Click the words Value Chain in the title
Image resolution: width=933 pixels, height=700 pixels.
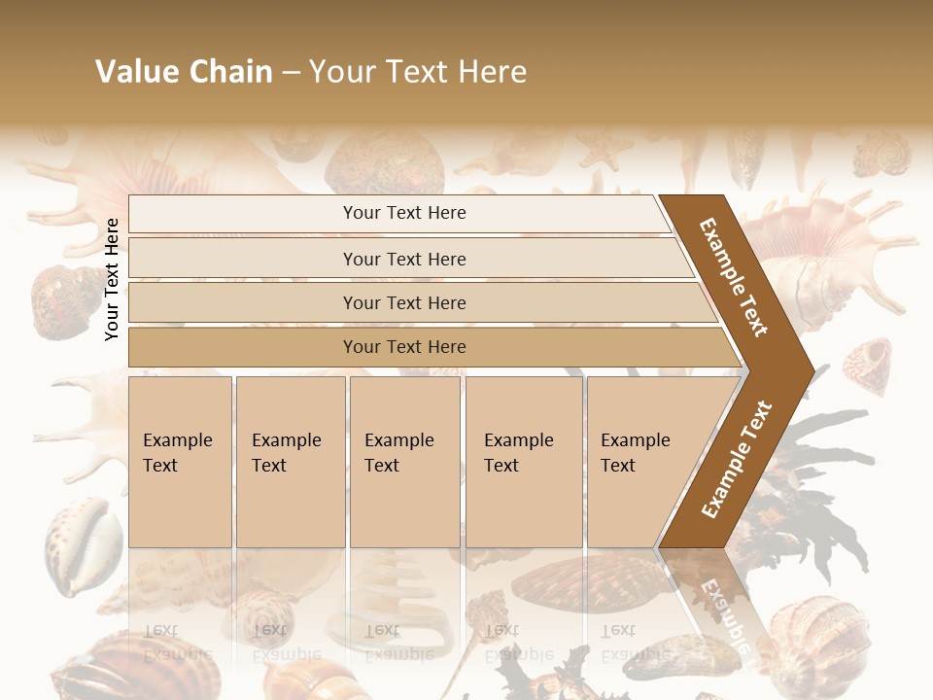coord(184,72)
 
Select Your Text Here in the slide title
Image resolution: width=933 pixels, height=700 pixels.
coord(418,72)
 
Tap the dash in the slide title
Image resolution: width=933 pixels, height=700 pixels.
coord(291,72)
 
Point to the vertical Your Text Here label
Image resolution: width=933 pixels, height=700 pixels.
coord(113,280)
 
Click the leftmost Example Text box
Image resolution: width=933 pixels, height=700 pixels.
coord(180,462)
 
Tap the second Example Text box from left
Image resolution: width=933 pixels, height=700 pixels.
coord(290,462)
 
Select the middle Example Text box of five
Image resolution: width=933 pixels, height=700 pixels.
coord(404,462)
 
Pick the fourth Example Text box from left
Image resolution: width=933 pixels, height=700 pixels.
coord(524,462)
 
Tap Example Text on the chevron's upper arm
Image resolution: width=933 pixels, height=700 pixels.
coord(735,277)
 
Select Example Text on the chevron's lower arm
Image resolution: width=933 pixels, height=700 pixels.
coord(737,459)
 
